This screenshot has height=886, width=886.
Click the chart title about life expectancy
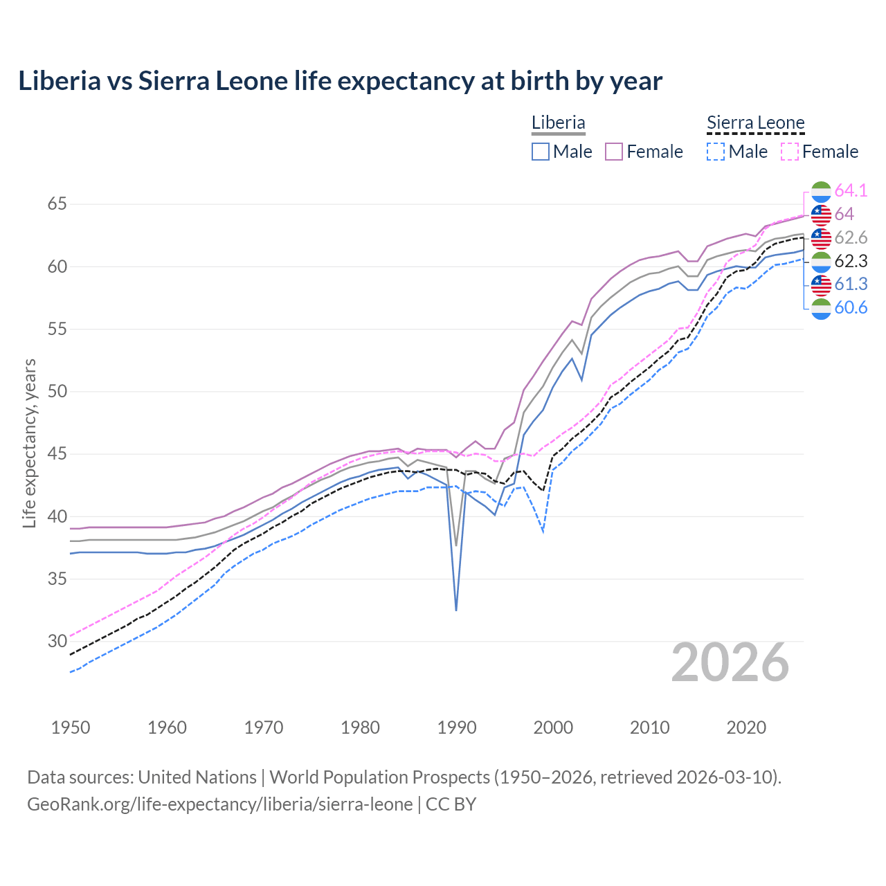[340, 81]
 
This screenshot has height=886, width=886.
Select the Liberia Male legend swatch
[541, 152]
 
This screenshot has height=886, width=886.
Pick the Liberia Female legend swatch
[614, 152]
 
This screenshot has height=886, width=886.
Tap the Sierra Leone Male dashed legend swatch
[716, 152]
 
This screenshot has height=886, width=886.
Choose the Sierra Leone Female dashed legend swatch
[790, 152]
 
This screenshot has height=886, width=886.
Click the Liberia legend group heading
[558, 123]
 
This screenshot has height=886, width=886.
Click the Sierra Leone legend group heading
[755, 123]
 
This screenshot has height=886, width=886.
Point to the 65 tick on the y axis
[57, 204]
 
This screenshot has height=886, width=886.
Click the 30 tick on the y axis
[57, 641]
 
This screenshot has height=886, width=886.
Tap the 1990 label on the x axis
[457, 727]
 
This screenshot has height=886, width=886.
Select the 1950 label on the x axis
[71, 727]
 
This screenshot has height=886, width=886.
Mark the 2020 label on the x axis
[746, 727]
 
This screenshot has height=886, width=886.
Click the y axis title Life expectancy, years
[29, 443]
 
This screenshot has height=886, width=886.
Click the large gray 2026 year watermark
[730, 662]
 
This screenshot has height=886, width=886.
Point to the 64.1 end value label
[851, 190]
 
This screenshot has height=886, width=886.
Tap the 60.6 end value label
[851, 308]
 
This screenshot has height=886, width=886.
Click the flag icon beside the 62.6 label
[820, 238]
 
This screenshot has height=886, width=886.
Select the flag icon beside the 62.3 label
[820, 262]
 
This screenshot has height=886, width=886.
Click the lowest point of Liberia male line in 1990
[456, 610]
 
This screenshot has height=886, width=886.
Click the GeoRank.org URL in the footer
[219, 804]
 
